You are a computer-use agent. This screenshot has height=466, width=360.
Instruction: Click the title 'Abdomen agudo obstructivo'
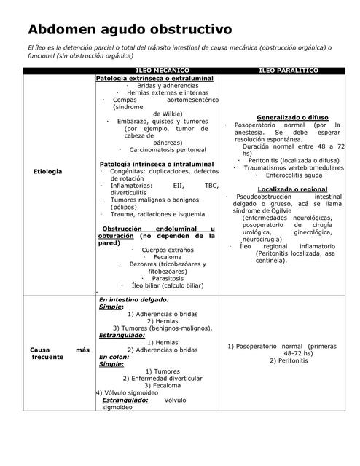point(130,30)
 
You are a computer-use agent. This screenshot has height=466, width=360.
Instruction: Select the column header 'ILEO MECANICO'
point(157,71)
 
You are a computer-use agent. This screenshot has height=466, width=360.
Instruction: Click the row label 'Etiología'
point(47,171)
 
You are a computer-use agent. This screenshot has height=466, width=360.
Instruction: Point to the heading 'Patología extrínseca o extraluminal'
point(154,78)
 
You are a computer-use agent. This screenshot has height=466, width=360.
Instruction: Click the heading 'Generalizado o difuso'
point(292,117)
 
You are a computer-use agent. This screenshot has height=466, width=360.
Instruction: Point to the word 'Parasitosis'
point(168,278)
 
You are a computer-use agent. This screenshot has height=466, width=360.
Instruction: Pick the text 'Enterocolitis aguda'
point(294,175)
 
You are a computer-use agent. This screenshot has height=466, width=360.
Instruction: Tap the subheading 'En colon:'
point(114,357)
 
